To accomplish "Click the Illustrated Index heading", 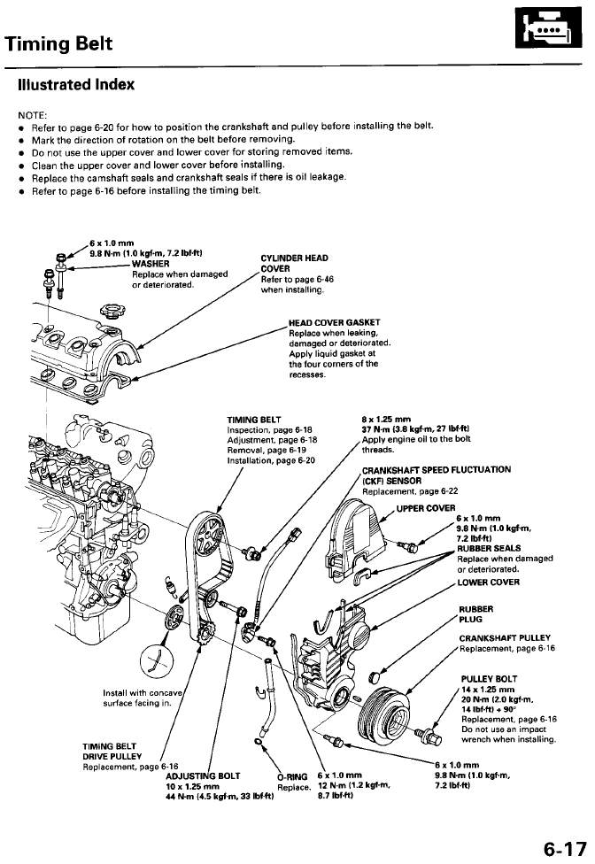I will [76, 85].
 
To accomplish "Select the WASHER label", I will [151, 263].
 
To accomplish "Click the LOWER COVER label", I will [487, 582].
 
